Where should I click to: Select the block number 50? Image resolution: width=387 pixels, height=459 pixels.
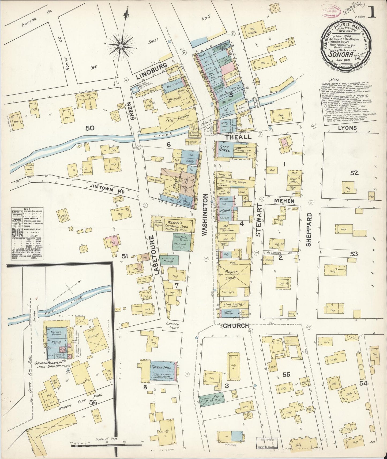click(90, 128)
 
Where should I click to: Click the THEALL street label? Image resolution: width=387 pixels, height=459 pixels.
click(238, 137)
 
